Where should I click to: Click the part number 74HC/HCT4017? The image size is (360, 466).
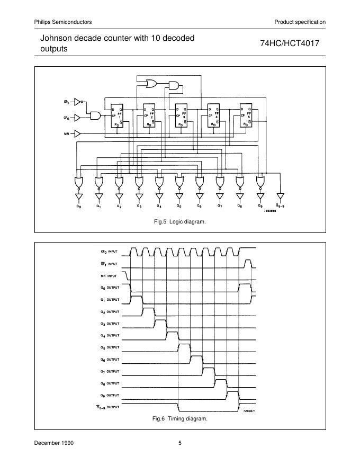coord(289,43)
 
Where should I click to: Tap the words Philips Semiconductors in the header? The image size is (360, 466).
coord(63,22)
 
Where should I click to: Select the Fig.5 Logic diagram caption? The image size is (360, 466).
coord(179,221)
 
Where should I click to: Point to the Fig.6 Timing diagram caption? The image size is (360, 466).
coord(180,418)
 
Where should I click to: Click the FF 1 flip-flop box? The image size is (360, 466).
coord(116,114)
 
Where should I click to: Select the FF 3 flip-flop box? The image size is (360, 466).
coord(181,114)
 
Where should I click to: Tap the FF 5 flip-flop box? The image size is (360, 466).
coord(246,114)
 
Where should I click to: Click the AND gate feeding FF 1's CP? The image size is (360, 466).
coord(96,115)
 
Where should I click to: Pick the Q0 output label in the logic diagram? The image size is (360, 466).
coord(78,206)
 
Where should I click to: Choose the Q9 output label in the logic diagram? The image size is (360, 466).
coord(260,206)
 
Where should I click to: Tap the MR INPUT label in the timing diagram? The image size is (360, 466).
coord(109,275)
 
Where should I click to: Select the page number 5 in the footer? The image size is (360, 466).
coord(180,443)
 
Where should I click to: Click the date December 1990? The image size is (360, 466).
coord(54,443)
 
